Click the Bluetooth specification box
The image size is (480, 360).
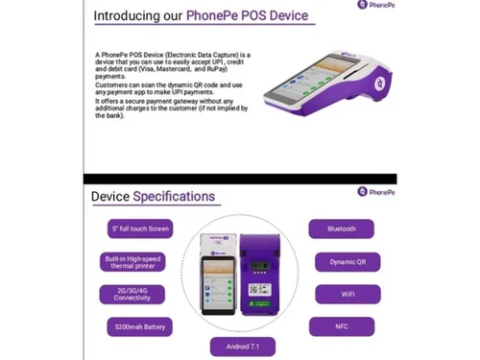coord(341,228)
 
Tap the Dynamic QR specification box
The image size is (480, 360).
coord(341,262)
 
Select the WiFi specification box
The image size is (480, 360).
coord(341,295)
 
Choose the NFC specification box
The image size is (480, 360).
coord(341,327)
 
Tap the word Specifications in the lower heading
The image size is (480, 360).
coord(174,197)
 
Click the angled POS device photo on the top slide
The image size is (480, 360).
coord(317,76)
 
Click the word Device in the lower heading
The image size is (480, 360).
coord(110,197)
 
